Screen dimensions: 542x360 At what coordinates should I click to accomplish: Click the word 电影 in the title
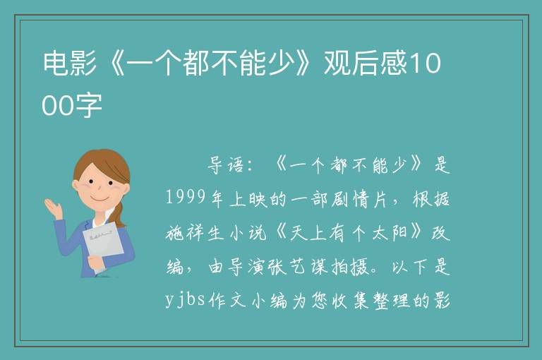[x=69, y=64]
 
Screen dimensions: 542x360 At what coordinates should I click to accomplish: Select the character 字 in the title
[x=89, y=104]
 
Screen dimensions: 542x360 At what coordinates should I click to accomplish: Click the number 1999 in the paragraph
[x=186, y=198]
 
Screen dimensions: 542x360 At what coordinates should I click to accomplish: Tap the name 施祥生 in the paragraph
[x=195, y=232]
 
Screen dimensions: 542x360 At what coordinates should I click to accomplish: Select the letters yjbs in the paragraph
[x=186, y=299]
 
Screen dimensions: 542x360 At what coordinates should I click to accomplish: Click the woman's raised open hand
[x=54, y=208]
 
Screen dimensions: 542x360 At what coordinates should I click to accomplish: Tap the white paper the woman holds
[x=103, y=246]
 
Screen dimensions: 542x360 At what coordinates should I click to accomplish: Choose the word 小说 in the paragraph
[x=248, y=232]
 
